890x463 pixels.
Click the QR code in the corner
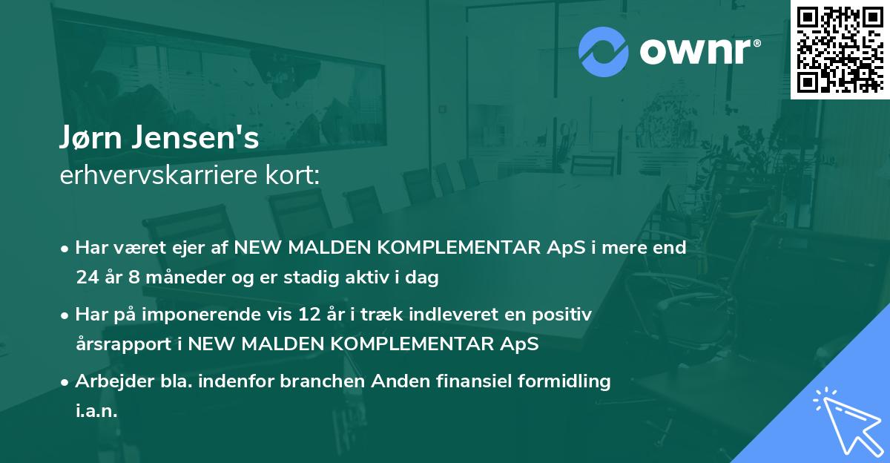(x=840, y=49)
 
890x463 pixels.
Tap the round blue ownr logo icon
(x=604, y=50)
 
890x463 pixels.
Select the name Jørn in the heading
(x=92, y=138)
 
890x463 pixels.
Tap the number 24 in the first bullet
(x=86, y=278)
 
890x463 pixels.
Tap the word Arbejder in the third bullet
(x=108, y=381)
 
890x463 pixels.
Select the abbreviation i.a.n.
(x=96, y=410)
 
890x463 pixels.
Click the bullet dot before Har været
(x=66, y=249)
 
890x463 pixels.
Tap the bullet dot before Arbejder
(x=66, y=381)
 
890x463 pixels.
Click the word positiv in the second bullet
(x=564, y=315)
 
